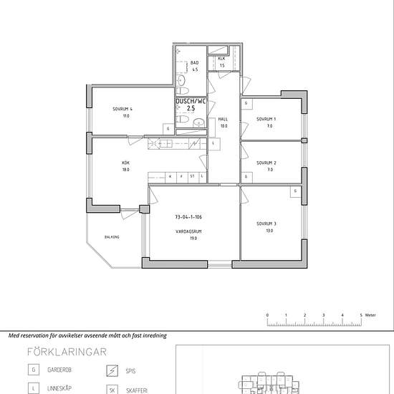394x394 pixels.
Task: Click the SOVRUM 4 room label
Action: coord(122,108)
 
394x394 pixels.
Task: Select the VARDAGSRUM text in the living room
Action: coord(188,231)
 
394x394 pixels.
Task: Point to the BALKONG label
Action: coord(111,237)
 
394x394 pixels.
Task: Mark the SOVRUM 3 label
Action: coord(266,224)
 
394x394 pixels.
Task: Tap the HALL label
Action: coord(224,119)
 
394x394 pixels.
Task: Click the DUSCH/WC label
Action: coord(190,102)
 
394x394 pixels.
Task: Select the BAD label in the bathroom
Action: coord(194,63)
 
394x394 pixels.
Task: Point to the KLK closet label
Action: coord(222,59)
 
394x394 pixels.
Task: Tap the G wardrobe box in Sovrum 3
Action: coord(295,191)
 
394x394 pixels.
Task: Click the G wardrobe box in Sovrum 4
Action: coord(168,128)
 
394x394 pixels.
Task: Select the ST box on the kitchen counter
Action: coord(192,176)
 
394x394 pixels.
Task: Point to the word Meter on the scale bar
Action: coord(370,314)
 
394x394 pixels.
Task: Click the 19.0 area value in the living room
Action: coord(193,238)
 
